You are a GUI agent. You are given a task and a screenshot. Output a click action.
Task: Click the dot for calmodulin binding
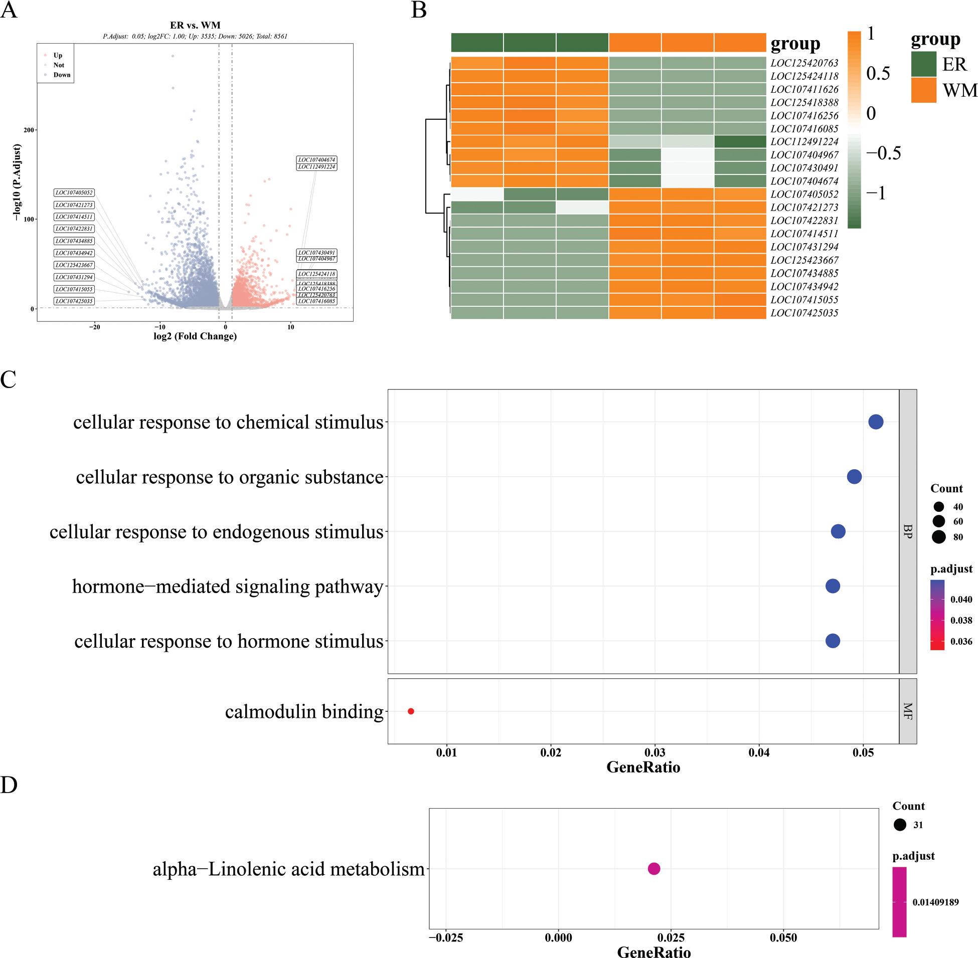[411, 711]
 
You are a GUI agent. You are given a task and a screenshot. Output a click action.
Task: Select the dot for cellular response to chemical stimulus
[876, 422]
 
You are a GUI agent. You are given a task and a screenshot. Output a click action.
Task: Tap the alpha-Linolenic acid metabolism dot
[654, 868]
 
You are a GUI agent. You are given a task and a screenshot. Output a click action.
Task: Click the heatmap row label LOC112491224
[804, 142]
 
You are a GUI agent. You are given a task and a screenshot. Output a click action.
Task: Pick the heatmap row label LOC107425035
[804, 313]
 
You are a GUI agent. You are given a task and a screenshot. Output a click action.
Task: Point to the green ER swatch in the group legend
[923, 64]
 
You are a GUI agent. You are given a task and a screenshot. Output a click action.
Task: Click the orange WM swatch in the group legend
[923, 90]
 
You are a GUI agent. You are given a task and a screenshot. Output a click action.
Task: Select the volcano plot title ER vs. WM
[195, 25]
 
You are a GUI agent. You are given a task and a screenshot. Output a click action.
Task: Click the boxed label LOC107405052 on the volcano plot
[74, 193]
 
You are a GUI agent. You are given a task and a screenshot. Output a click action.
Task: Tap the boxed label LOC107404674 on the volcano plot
[316, 159]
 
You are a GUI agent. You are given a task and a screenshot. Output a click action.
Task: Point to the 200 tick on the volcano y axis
[29, 130]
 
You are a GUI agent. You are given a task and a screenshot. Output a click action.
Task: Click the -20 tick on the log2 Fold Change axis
[95, 327]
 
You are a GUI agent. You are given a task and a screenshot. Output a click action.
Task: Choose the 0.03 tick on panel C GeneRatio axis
[655, 753]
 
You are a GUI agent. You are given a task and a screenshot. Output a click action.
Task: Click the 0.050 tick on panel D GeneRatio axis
[783, 937]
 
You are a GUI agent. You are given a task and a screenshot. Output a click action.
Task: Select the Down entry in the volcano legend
[61, 75]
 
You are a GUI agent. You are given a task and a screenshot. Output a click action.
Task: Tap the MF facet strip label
[907, 711]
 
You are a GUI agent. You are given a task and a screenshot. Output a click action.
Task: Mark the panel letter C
[9, 380]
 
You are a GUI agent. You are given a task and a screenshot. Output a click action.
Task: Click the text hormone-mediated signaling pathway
[228, 587]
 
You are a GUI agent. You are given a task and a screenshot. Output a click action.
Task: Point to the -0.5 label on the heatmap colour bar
[883, 153]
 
